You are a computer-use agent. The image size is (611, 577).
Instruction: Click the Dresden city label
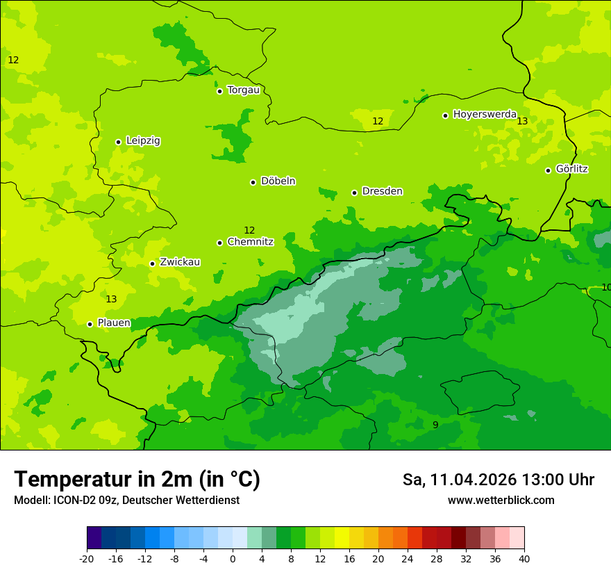click(x=382, y=191)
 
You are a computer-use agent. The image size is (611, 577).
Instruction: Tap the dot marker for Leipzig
click(x=118, y=142)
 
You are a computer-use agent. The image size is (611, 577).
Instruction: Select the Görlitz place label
click(x=572, y=169)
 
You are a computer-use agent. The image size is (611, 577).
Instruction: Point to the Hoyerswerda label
click(x=485, y=114)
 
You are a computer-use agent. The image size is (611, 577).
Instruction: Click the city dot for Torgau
click(x=219, y=91)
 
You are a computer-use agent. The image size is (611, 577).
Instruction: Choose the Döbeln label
click(x=278, y=181)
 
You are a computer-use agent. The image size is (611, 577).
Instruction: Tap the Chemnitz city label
click(x=250, y=242)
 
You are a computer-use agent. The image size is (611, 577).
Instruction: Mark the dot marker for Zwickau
click(x=152, y=263)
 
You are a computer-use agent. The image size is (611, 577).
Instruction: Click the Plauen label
click(x=114, y=323)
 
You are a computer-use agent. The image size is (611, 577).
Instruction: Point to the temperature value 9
click(x=435, y=425)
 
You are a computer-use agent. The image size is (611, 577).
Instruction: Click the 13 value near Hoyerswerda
click(x=522, y=121)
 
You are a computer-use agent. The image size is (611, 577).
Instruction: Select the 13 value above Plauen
click(x=111, y=299)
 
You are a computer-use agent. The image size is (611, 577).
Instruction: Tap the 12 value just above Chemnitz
click(x=249, y=230)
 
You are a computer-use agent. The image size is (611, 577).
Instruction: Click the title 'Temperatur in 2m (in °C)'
click(x=137, y=480)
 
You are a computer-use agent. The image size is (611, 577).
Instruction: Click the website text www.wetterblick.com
click(x=501, y=501)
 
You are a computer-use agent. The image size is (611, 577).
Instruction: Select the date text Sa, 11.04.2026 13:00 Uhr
click(x=498, y=480)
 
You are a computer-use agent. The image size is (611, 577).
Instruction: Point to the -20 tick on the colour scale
click(x=87, y=558)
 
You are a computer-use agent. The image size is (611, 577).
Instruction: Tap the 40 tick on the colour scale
click(x=524, y=558)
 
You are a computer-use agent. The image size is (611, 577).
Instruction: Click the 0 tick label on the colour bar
click(x=233, y=558)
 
